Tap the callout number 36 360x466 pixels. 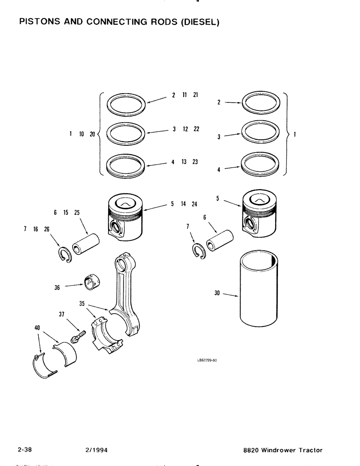(57, 288)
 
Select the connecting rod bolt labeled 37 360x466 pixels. (79, 336)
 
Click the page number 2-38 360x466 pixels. (27, 450)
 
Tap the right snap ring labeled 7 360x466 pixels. (199, 251)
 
